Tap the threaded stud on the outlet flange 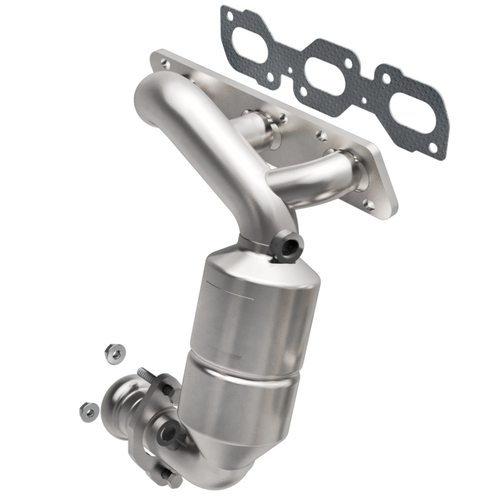click(x=148, y=374)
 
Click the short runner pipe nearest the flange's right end click(x=310, y=174)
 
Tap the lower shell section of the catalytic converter click(x=248, y=403)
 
